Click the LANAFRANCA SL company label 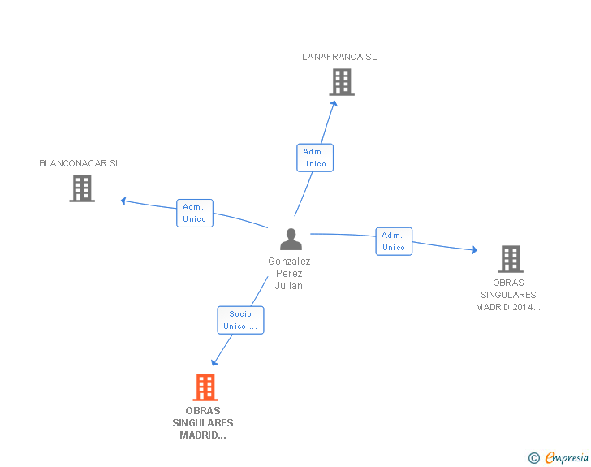click(339, 57)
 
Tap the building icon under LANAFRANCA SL click(342, 82)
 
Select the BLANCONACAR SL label click(80, 163)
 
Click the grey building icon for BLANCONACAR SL click(82, 188)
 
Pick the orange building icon click(205, 387)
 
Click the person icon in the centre click(291, 239)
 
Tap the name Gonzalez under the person click(289, 261)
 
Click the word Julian click(289, 286)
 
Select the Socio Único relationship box click(240, 320)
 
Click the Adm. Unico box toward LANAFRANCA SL click(315, 158)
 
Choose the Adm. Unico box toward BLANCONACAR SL click(195, 213)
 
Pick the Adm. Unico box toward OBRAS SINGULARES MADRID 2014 click(394, 241)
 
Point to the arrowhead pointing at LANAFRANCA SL click(334, 104)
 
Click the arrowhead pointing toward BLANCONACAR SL click(123, 201)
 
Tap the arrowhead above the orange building click(214, 362)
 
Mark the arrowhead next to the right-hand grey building click(475, 249)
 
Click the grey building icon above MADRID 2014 click(511, 259)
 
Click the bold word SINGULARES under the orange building click(203, 423)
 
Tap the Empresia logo click(559, 457)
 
